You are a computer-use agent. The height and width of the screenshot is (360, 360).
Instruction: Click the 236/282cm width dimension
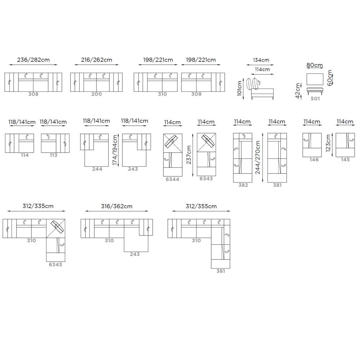(33, 60)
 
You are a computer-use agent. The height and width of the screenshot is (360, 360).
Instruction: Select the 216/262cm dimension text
(96, 60)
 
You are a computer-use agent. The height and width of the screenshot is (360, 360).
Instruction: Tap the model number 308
(33, 94)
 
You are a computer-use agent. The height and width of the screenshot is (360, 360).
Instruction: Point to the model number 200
(96, 94)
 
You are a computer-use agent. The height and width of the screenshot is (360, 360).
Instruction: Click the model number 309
(196, 94)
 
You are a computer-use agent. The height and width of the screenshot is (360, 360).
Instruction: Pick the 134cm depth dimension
(261, 60)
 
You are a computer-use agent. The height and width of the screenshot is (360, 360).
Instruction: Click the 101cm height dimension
(239, 89)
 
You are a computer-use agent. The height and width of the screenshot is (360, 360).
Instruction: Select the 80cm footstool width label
(315, 65)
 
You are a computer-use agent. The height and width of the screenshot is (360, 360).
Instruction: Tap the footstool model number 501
(315, 99)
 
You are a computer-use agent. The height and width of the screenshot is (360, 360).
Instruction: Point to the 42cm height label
(298, 91)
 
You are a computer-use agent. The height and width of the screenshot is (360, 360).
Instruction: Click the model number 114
(24, 155)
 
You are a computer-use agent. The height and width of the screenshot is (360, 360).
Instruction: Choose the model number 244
(97, 169)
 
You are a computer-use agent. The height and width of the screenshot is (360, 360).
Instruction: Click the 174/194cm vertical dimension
(115, 150)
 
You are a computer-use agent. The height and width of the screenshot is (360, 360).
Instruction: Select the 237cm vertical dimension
(189, 155)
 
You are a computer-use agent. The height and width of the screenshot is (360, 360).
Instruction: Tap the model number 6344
(172, 179)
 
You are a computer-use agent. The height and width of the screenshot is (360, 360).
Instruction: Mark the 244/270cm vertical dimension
(258, 158)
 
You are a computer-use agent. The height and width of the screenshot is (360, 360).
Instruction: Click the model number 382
(243, 185)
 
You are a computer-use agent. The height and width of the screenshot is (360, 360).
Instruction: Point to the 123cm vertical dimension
(328, 143)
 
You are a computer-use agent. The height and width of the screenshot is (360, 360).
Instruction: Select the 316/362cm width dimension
(117, 206)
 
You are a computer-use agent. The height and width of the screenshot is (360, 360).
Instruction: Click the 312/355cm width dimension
(201, 206)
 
